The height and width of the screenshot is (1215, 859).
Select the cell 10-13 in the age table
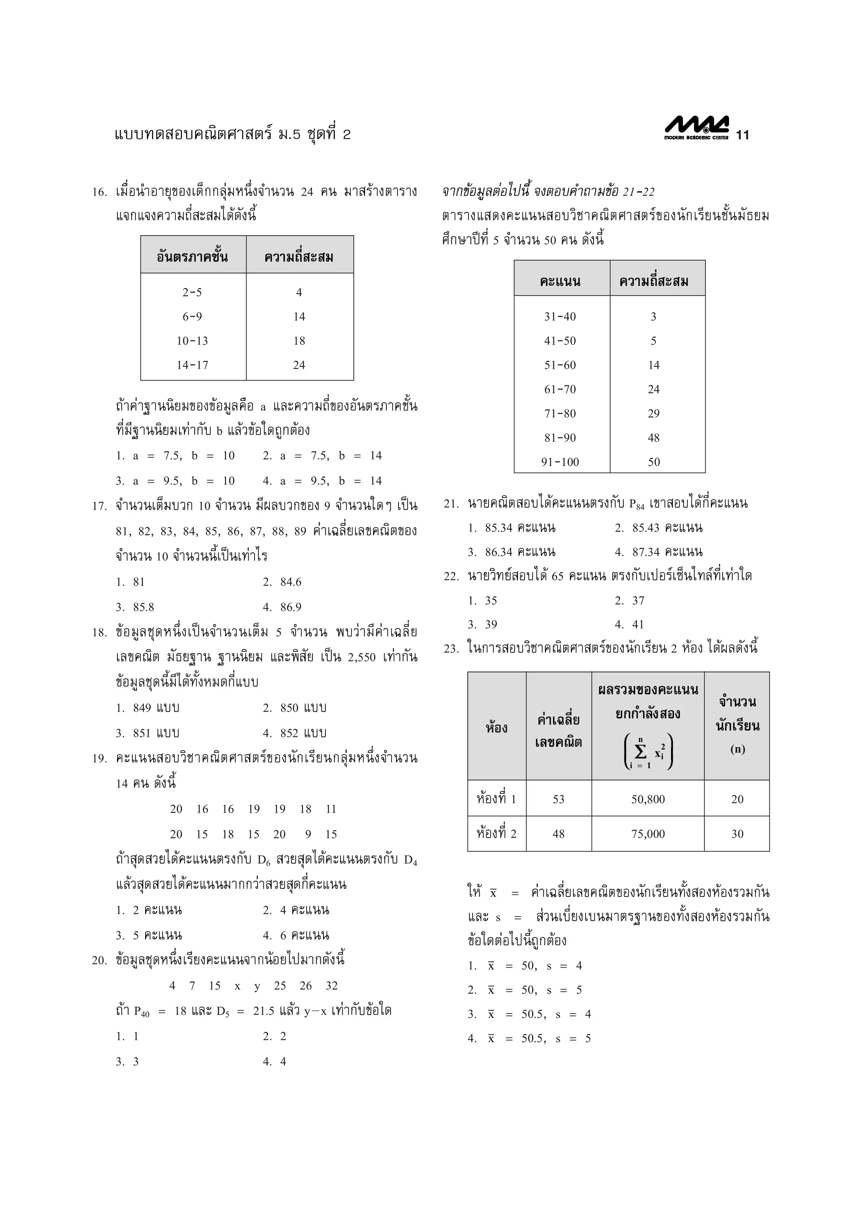(192, 341)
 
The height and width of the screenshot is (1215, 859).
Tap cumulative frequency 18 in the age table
(299, 341)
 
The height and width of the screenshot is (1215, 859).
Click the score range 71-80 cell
(560, 414)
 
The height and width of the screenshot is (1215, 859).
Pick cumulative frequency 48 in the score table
(653, 438)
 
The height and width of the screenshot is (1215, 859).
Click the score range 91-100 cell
(560, 462)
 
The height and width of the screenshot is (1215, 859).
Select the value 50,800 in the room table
(648, 799)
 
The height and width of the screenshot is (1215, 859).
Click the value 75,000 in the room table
(648, 834)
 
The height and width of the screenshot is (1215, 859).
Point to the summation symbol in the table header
(640, 751)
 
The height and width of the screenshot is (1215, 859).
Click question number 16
(99, 192)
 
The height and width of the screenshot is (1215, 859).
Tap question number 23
(451, 649)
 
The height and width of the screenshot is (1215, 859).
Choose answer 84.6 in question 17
(291, 582)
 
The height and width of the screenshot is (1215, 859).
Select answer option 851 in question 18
(156, 733)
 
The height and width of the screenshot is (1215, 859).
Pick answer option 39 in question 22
(491, 624)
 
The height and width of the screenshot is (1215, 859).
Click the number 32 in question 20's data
(331, 986)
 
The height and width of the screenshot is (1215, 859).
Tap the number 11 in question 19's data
(331, 809)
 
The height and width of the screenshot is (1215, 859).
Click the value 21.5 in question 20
(263, 1011)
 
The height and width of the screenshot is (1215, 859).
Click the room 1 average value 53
(558, 799)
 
